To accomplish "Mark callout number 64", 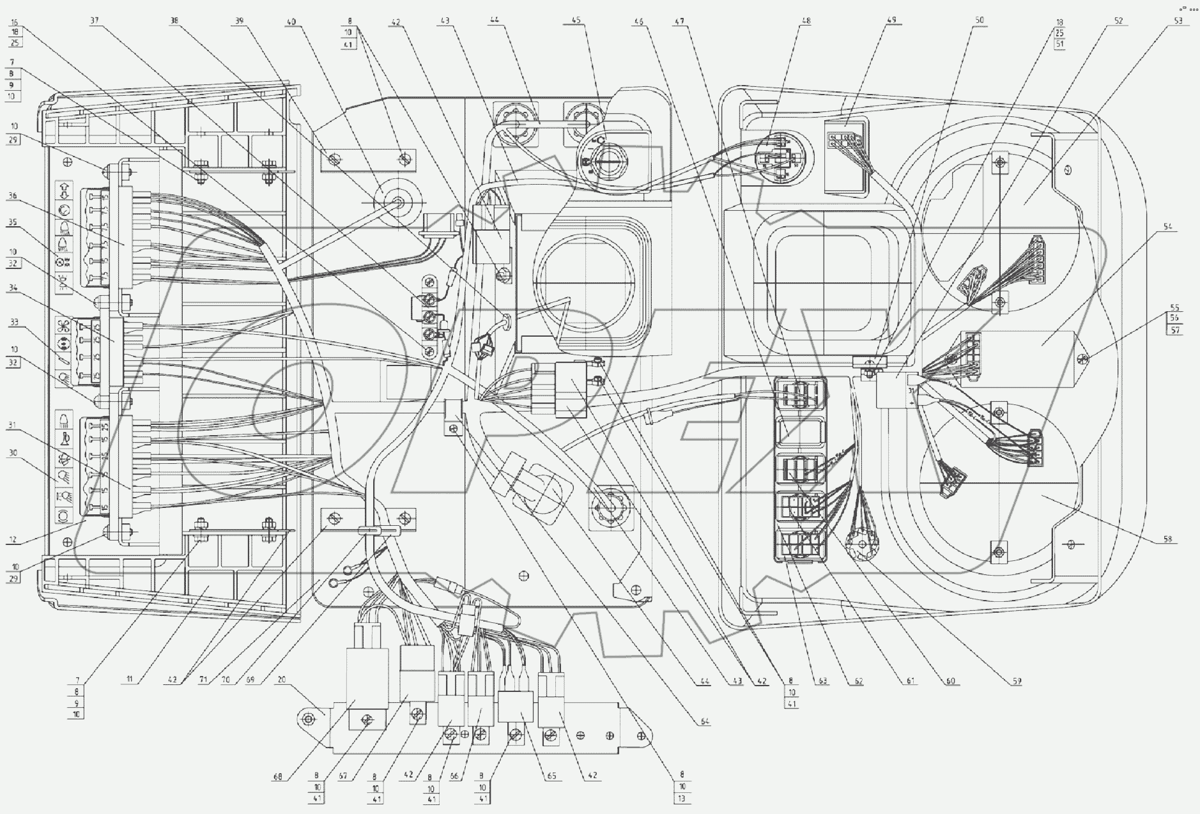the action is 705,721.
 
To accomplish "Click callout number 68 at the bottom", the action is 277,778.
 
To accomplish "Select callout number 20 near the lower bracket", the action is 281,681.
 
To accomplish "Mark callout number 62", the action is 859,682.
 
